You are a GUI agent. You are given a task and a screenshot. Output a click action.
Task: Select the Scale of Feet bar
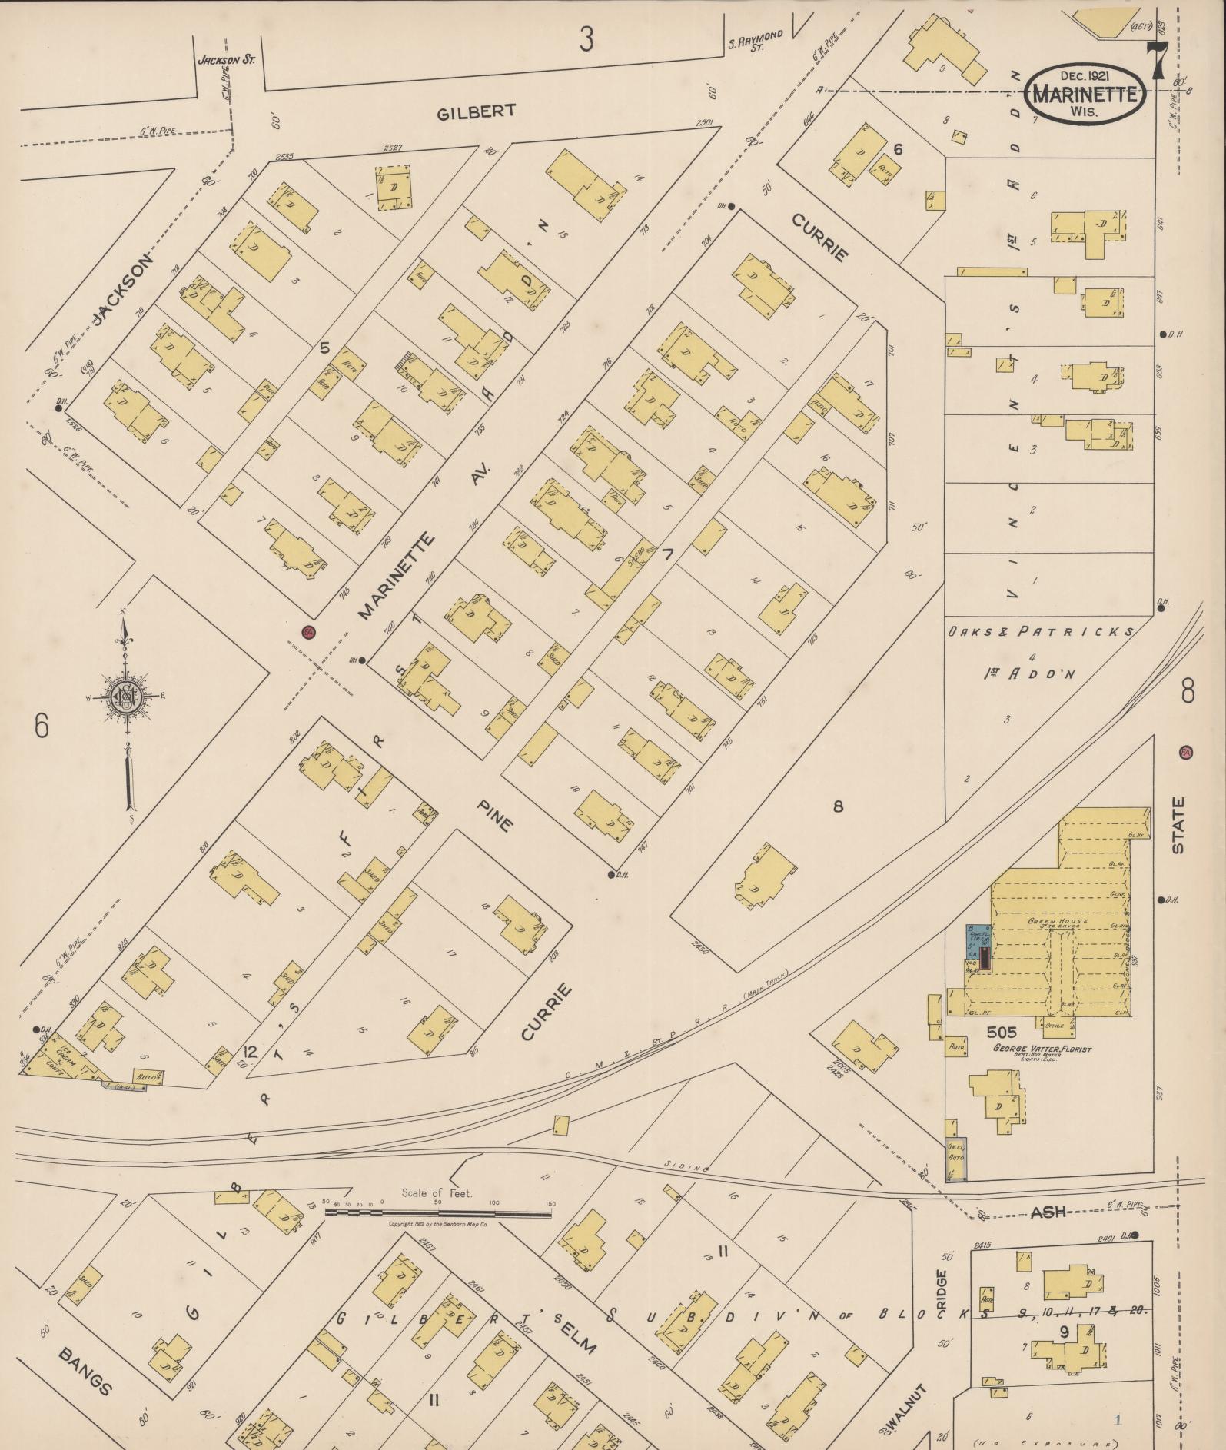point(438,1214)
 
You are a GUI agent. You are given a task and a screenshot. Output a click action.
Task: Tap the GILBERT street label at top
point(476,112)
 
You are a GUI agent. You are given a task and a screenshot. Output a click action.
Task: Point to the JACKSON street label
point(123,290)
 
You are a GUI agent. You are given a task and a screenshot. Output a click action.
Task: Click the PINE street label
point(494,814)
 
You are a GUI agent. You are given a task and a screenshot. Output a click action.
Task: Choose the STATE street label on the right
point(1178,825)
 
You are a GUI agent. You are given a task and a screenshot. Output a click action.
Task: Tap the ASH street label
point(1047,1212)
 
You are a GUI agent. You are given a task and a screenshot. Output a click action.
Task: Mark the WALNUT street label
point(907,1410)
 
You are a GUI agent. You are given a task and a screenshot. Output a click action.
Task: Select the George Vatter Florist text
point(1042,1049)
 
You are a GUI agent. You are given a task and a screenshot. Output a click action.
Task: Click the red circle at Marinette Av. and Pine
point(309,631)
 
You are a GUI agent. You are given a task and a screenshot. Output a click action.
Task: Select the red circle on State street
point(1185,752)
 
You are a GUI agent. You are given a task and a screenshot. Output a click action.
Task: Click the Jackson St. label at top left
point(226,59)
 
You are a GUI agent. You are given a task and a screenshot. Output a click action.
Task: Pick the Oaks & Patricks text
point(1039,632)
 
